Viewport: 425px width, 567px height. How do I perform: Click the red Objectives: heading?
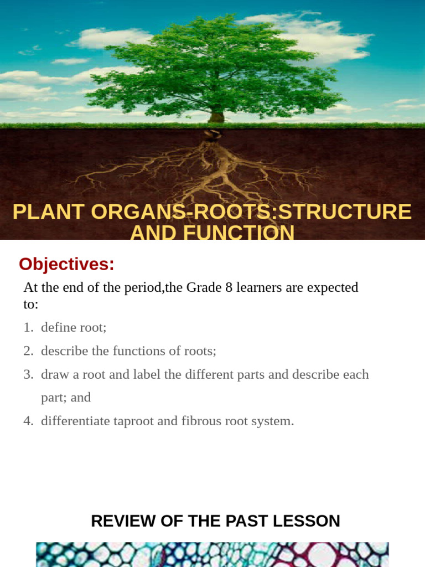coord(66,265)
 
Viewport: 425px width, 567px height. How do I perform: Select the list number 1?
coord(28,328)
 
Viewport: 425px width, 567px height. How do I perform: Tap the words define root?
coord(73,328)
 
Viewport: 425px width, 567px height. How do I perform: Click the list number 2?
coord(28,351)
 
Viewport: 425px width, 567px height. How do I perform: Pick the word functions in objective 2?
coord(136,351)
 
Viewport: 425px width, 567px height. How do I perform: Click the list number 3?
coord(28,374)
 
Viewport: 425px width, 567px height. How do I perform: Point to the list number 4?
coord(28,421)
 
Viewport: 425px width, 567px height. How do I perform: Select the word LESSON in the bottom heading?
coord(309,521)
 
